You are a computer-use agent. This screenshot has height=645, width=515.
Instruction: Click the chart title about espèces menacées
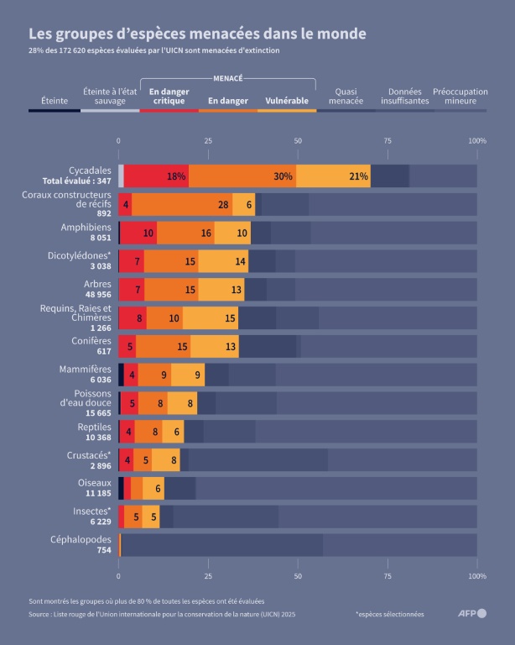pos(197,34)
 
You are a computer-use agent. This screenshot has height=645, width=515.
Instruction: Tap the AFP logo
pos(470,613)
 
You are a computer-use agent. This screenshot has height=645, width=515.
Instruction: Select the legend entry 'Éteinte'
pos(55,101)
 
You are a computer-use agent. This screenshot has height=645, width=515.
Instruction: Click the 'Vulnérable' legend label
pos(287,101)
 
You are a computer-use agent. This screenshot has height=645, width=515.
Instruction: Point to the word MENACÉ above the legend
pos(228,77)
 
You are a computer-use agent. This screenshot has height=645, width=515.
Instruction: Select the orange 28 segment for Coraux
pos(182,205)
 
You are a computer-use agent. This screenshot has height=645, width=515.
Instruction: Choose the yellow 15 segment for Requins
pos(211,318)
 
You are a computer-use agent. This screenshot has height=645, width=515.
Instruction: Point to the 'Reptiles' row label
pos(95,427)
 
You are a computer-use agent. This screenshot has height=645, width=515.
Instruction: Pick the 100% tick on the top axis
pos(476,141)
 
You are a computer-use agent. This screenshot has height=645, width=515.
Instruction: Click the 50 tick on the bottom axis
pos(298,577)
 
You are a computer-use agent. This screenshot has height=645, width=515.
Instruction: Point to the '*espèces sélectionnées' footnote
pos(389,614)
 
